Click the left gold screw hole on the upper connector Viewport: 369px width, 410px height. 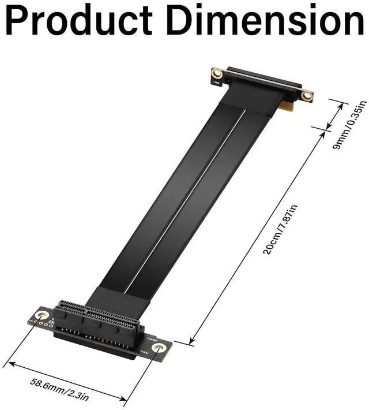(x=217, y=73)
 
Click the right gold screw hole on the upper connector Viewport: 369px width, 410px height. (x=307, y=95)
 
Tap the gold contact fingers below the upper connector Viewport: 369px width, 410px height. (x=287, y=106)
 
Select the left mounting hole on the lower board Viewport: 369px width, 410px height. (x=42, y=315)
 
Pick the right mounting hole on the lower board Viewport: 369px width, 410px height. (x=160, y=348)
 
